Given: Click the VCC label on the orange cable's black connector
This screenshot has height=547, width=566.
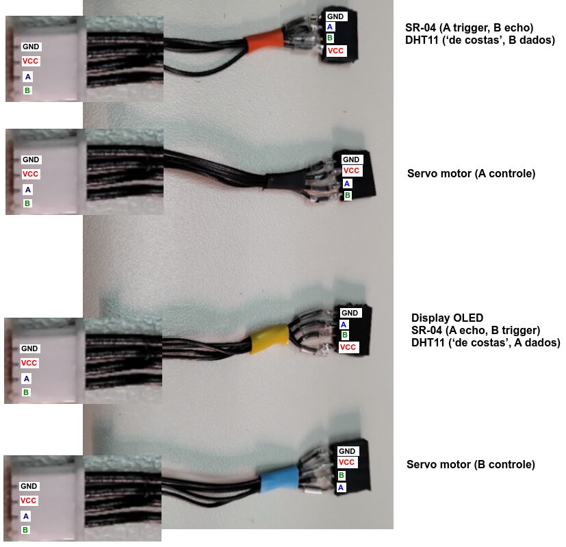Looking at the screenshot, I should (x=335, y=51).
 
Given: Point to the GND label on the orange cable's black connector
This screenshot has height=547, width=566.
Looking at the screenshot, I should (x=335, y=16).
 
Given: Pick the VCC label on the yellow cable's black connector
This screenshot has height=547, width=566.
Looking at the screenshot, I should (x=348, y=348).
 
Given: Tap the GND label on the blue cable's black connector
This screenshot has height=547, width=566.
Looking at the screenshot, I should (x=347, y=451).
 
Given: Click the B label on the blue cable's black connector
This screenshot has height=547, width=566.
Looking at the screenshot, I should (x=341, y=475).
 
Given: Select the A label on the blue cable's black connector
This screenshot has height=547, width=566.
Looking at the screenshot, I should (x=341, y=487).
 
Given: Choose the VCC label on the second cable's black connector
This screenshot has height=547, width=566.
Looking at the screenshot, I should (x=351, y=171).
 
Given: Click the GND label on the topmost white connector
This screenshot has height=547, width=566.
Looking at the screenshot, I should (x=31, y=47).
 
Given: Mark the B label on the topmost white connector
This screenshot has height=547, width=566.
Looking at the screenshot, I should (x=27, y=90).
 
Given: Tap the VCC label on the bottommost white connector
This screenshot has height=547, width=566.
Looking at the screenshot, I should (x=29, y=501).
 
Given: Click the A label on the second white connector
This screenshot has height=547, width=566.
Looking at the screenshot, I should (x=27, y=189).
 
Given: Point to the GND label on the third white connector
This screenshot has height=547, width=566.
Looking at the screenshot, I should (x=29, y=348).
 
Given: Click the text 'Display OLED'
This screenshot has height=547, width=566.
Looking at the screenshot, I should (x=447, y=318).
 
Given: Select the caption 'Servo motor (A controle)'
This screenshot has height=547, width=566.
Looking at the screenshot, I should (x=471, y=174).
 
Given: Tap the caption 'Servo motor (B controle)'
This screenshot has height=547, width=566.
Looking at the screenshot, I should (x=471, y=465).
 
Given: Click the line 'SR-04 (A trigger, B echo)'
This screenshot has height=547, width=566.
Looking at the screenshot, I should (x=469, y=27).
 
